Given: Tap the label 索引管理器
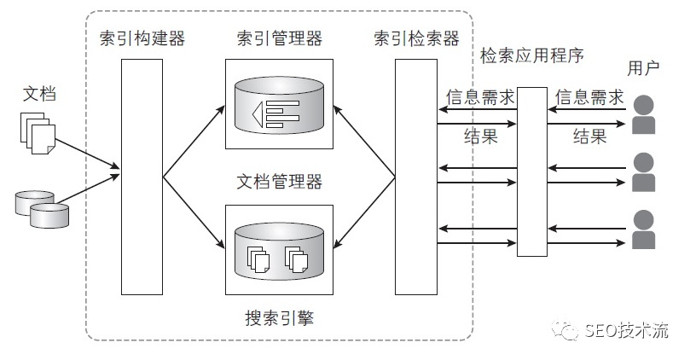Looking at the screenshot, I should (x=279, y=38).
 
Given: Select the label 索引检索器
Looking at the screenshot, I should (x=416, y=38).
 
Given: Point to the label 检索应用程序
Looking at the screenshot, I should (x=532, y=56).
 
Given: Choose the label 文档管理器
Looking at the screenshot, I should (x=279, y=182).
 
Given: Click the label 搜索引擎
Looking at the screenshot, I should (x=279, y=318).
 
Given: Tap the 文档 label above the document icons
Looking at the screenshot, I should (x=38, y=94).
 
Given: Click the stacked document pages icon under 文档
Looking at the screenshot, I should (x=38, y=136).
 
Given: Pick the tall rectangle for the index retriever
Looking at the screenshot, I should (x=416, y=177).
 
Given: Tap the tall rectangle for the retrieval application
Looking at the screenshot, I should (x=532, y=171).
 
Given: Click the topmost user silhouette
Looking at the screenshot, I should (x=644, y=115).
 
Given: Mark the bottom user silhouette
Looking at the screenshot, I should (x=644, y=228).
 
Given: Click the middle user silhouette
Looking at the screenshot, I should (x=644, y=171).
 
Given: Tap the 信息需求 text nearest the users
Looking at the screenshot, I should (x=589, y=97).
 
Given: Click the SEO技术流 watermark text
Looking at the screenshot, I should (x=626, y=332).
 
